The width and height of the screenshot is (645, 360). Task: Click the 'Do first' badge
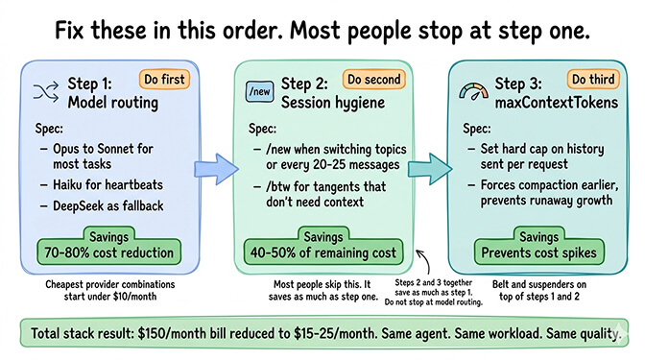click(165, 80)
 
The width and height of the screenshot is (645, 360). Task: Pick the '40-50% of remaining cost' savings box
click(323, 246)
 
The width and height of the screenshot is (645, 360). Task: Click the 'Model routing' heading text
click(111, 101)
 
